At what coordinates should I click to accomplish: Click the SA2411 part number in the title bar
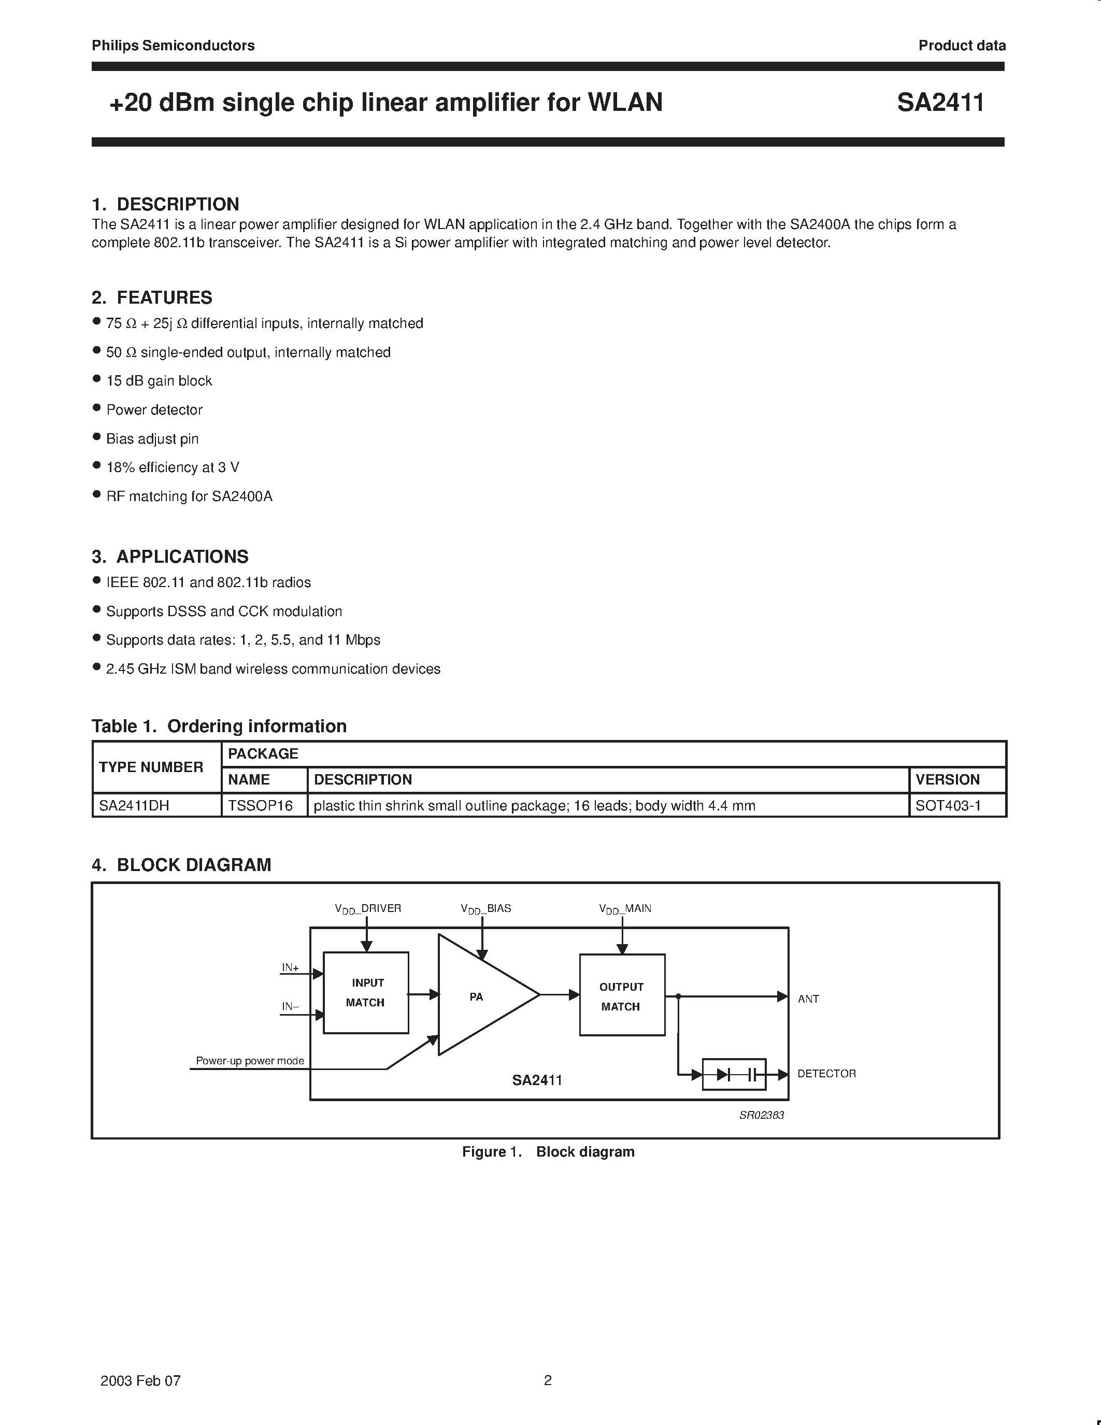(940, 103)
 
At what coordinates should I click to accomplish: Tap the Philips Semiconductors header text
(173, 46)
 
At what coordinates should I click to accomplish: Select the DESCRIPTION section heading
(166, 204)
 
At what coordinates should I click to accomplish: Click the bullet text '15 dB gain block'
(159, 381)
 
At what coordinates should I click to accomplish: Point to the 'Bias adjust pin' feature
(153, 439)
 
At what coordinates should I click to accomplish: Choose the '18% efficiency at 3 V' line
(173, 468)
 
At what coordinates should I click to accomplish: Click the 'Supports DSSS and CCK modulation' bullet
(224, 612)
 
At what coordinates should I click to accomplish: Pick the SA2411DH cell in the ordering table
(134, 806)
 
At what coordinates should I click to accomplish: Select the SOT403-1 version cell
(948, 806)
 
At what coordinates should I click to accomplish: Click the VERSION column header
(947, 780)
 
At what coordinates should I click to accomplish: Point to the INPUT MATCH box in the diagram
(366, 992)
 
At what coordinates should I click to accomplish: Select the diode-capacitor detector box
(734, 1074)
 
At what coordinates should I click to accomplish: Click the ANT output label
(808, 999)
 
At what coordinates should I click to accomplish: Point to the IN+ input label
(290, 967)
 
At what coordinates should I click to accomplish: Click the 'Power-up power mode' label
(250, 1061)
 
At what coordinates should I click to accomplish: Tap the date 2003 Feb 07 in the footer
(140, 1380)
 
